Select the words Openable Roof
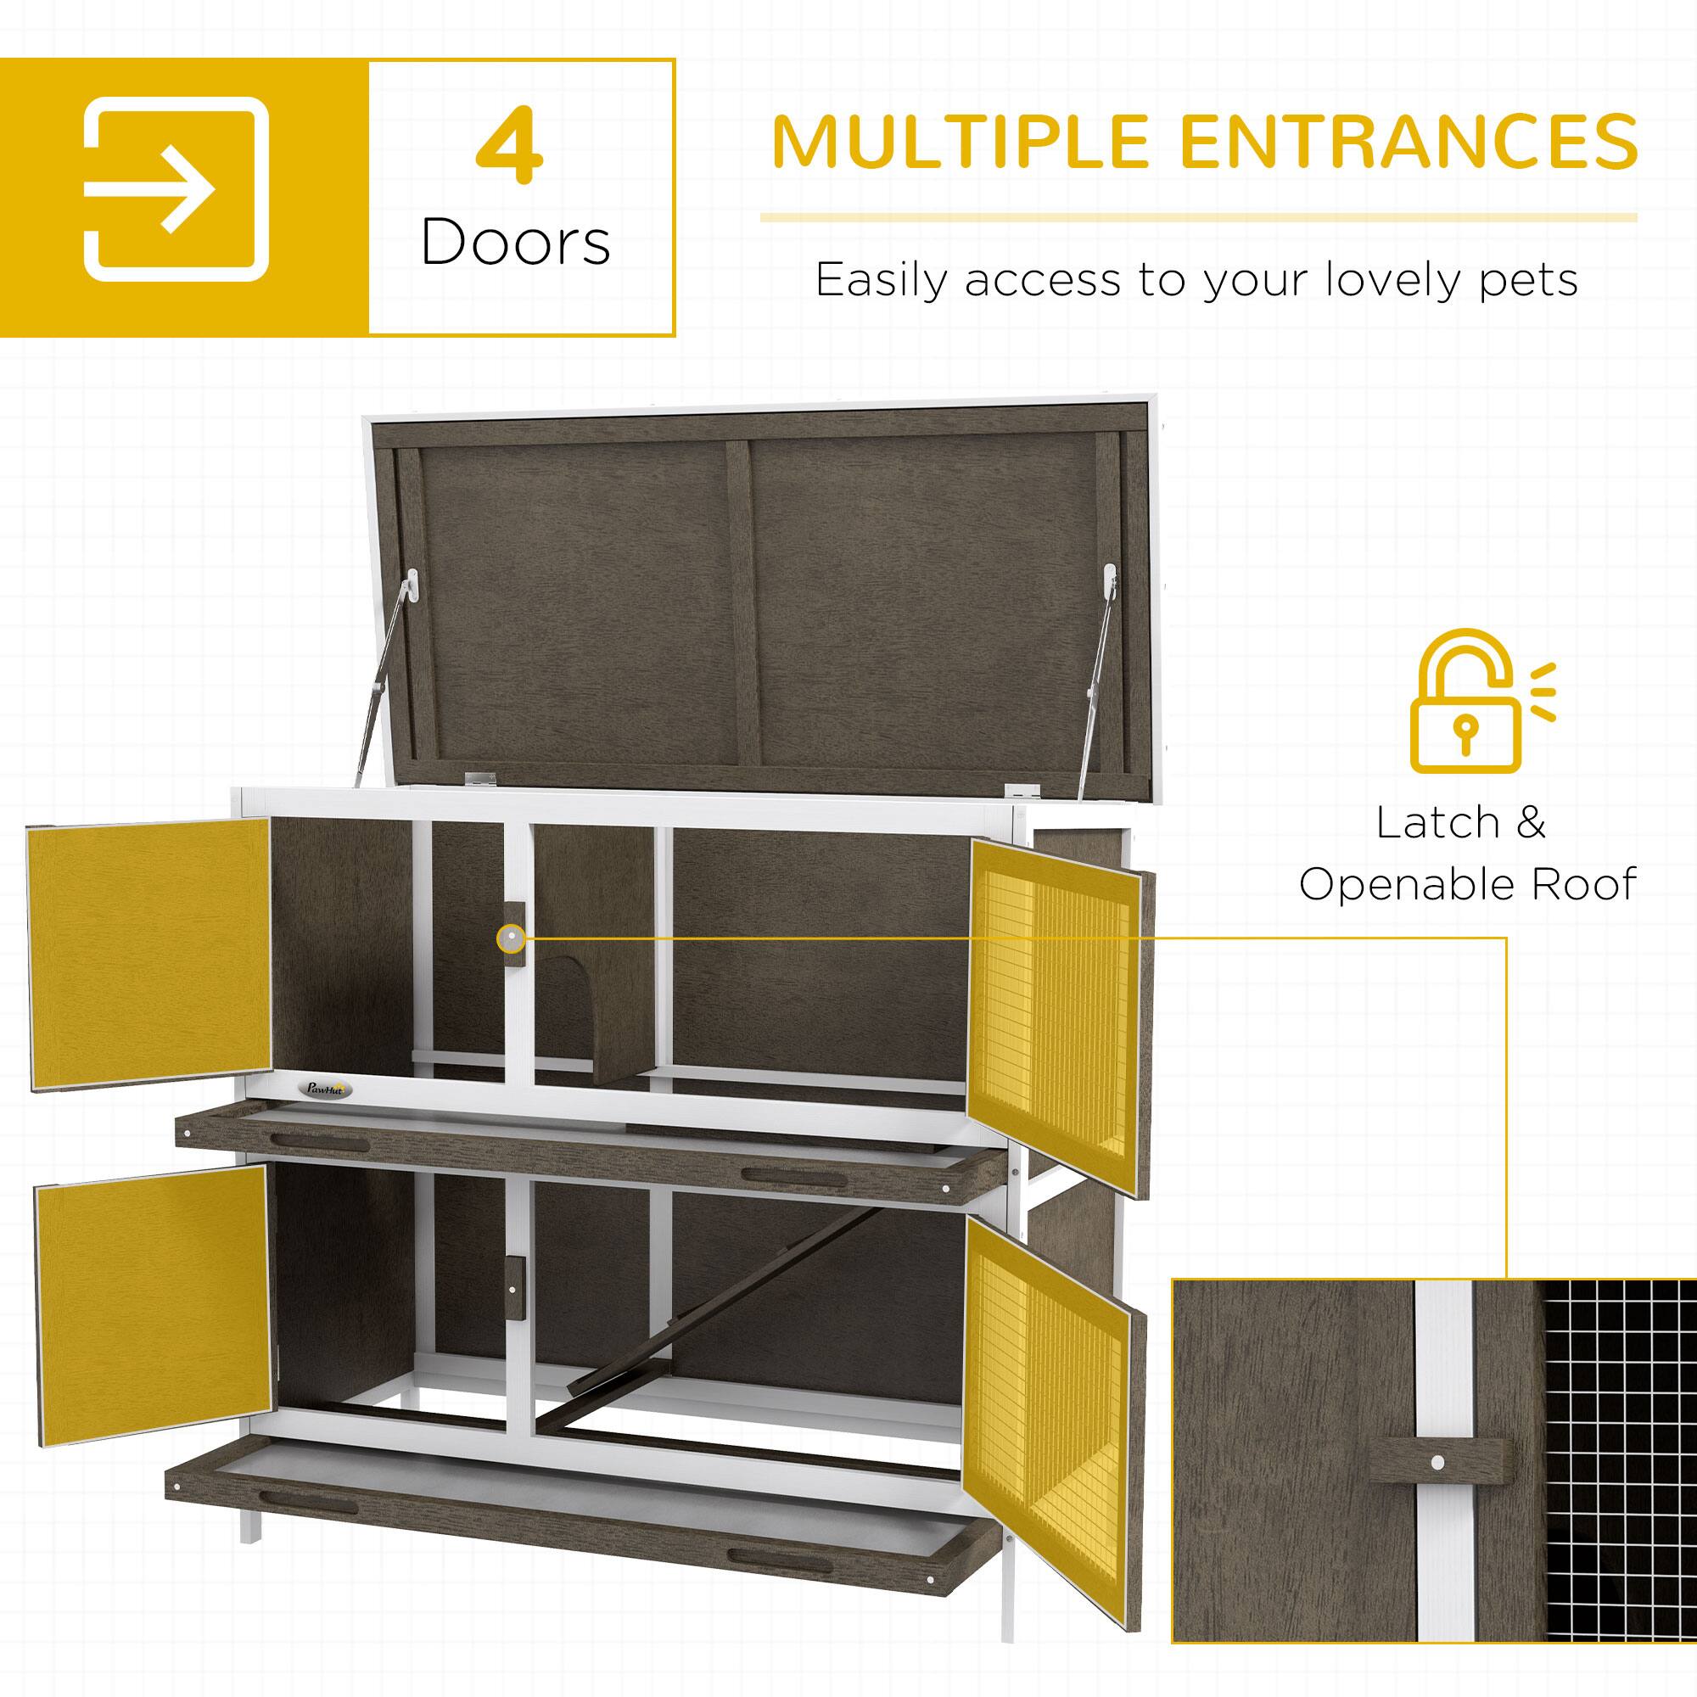pos(1468,884)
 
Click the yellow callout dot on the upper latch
pos(510,939)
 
